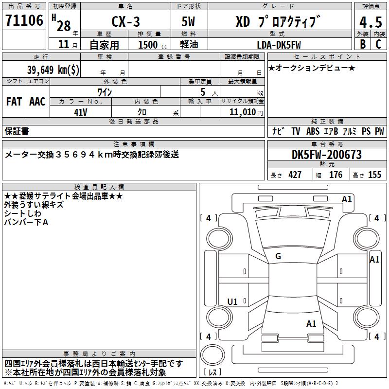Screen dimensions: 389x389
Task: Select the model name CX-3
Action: pyautogui.click(x=125, y=22)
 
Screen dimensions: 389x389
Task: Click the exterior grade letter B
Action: pyautogui.click(x=363, y=44)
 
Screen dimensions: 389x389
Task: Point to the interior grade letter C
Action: pyautogui.click(x=378, y=44)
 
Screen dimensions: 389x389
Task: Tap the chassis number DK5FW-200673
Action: pyautogui.click(x=327, y=155)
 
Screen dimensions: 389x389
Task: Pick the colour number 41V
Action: pyautogui.click(x=80, y=112)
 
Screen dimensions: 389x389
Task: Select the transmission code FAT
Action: pyautogui.click(x=14, y=102)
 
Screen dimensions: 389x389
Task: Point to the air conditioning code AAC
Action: pyautogui.click(x=37, y=102)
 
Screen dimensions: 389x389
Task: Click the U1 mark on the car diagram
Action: pyautogui.click(x=232, y=302)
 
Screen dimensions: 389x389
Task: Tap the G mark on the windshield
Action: pyautogui.click(x=278, y=256)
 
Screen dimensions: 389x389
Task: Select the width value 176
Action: pyautogui.click(x=336, y=175)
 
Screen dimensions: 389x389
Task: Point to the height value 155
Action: pyautogui.click(x=374, y=175)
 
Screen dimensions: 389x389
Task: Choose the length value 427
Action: pyautogui.click(x=295, y=175)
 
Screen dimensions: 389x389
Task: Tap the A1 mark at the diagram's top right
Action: pyautogui.click(x=347, y=199)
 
